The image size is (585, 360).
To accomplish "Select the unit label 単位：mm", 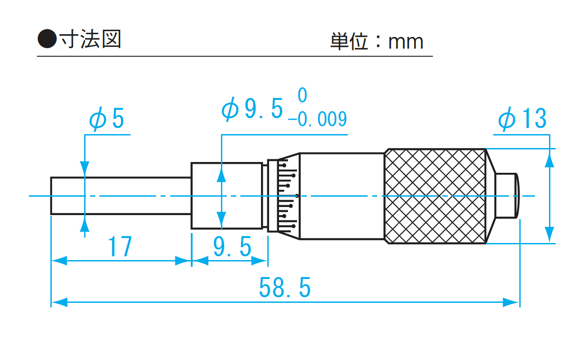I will click(377, 41).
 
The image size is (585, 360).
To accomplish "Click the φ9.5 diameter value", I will click(253, 109).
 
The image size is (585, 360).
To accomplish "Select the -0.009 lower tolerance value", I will click(317, 120).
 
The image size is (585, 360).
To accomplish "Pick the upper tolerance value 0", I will click(302, 96).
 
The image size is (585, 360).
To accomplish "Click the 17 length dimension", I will click(120, 247).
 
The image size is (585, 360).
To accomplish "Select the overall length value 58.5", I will click(285, 288).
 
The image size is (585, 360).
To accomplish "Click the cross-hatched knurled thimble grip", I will click(435, 196).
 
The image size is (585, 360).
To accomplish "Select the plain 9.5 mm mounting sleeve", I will click(226, 196).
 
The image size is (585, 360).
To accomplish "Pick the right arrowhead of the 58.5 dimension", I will click(512, 302).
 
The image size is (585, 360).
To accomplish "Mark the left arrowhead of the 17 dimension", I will click(59, 261).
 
